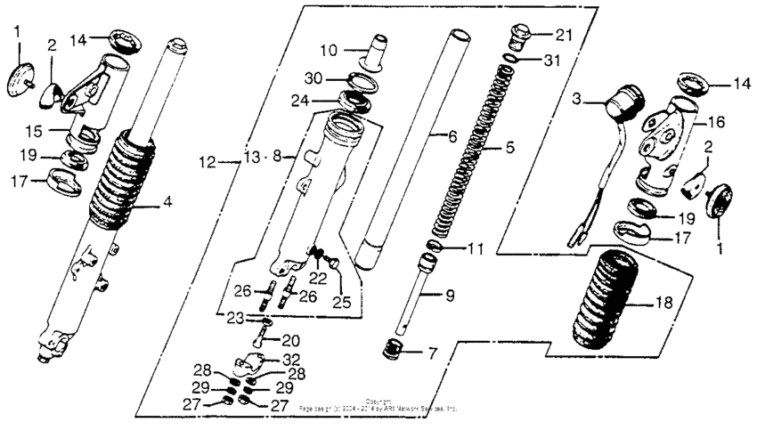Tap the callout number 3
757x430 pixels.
576,101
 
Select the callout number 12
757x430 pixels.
207,163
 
